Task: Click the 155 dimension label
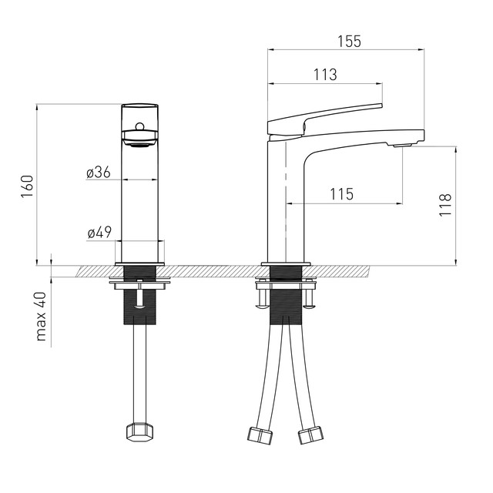click(349, 41)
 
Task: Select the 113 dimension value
click(325, 75)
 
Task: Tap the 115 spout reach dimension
click(342, 194)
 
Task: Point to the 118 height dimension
click(445, 205)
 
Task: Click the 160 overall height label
click(28, 186)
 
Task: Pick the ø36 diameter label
click(99, 173)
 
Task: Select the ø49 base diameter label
click(99, 233)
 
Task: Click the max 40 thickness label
click(41, 317)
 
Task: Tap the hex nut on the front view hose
click(139, 433)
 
